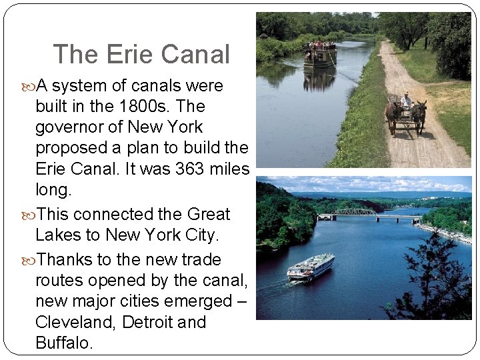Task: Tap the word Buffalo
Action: (63, 343)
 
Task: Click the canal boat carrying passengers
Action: (320, 55)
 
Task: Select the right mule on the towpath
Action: (419, 113)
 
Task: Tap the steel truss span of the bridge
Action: (355, 212)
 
